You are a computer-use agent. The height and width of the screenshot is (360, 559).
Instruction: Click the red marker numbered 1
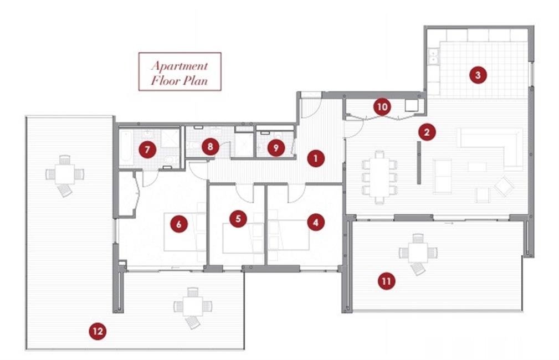pyautogui.click(x=315, y=158)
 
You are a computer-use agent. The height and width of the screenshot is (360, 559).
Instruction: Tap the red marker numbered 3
pyautogui.click(x=478, y=75)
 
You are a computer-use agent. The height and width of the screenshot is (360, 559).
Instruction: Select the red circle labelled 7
pyautogui.click(x=147, y=150)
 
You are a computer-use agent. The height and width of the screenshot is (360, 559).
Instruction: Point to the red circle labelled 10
pyautogui.click(x=382, y=106)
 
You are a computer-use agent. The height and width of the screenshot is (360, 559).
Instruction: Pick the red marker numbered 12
pyautogui.click(x=98, y=331)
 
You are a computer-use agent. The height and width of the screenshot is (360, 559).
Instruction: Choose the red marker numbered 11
pyautogui.click(x=387, y=281)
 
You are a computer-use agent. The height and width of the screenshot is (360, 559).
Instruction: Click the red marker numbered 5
pyautogui.click(x=238, y=218)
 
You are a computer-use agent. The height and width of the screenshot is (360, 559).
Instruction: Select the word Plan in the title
pyautogui.click(x=194, y=80)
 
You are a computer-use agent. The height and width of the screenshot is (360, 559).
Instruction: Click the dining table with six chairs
pyautogui.click(x=379, y=177)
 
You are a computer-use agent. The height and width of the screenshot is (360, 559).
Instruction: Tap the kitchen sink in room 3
pyautogui.click(x=433, y=56)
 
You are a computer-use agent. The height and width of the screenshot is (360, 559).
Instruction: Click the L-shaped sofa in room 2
pyautogui.click(x=490, y=147)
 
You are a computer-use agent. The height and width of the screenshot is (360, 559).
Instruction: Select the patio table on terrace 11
pyautogui.click(x=418, y=253)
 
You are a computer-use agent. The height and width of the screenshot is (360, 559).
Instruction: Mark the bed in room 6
pyautogui.click(x=185, y=232)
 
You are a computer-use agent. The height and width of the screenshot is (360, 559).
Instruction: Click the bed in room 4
pyautogui.click(x=289, y=235)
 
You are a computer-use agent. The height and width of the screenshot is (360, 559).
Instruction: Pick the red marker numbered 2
pyautogui.click(x=427, y=132)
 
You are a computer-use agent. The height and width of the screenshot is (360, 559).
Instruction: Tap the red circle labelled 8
pyautogui.click(x=210, y=147)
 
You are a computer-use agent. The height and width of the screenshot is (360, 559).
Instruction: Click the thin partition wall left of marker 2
pyautogui.click(x=419, y=162)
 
